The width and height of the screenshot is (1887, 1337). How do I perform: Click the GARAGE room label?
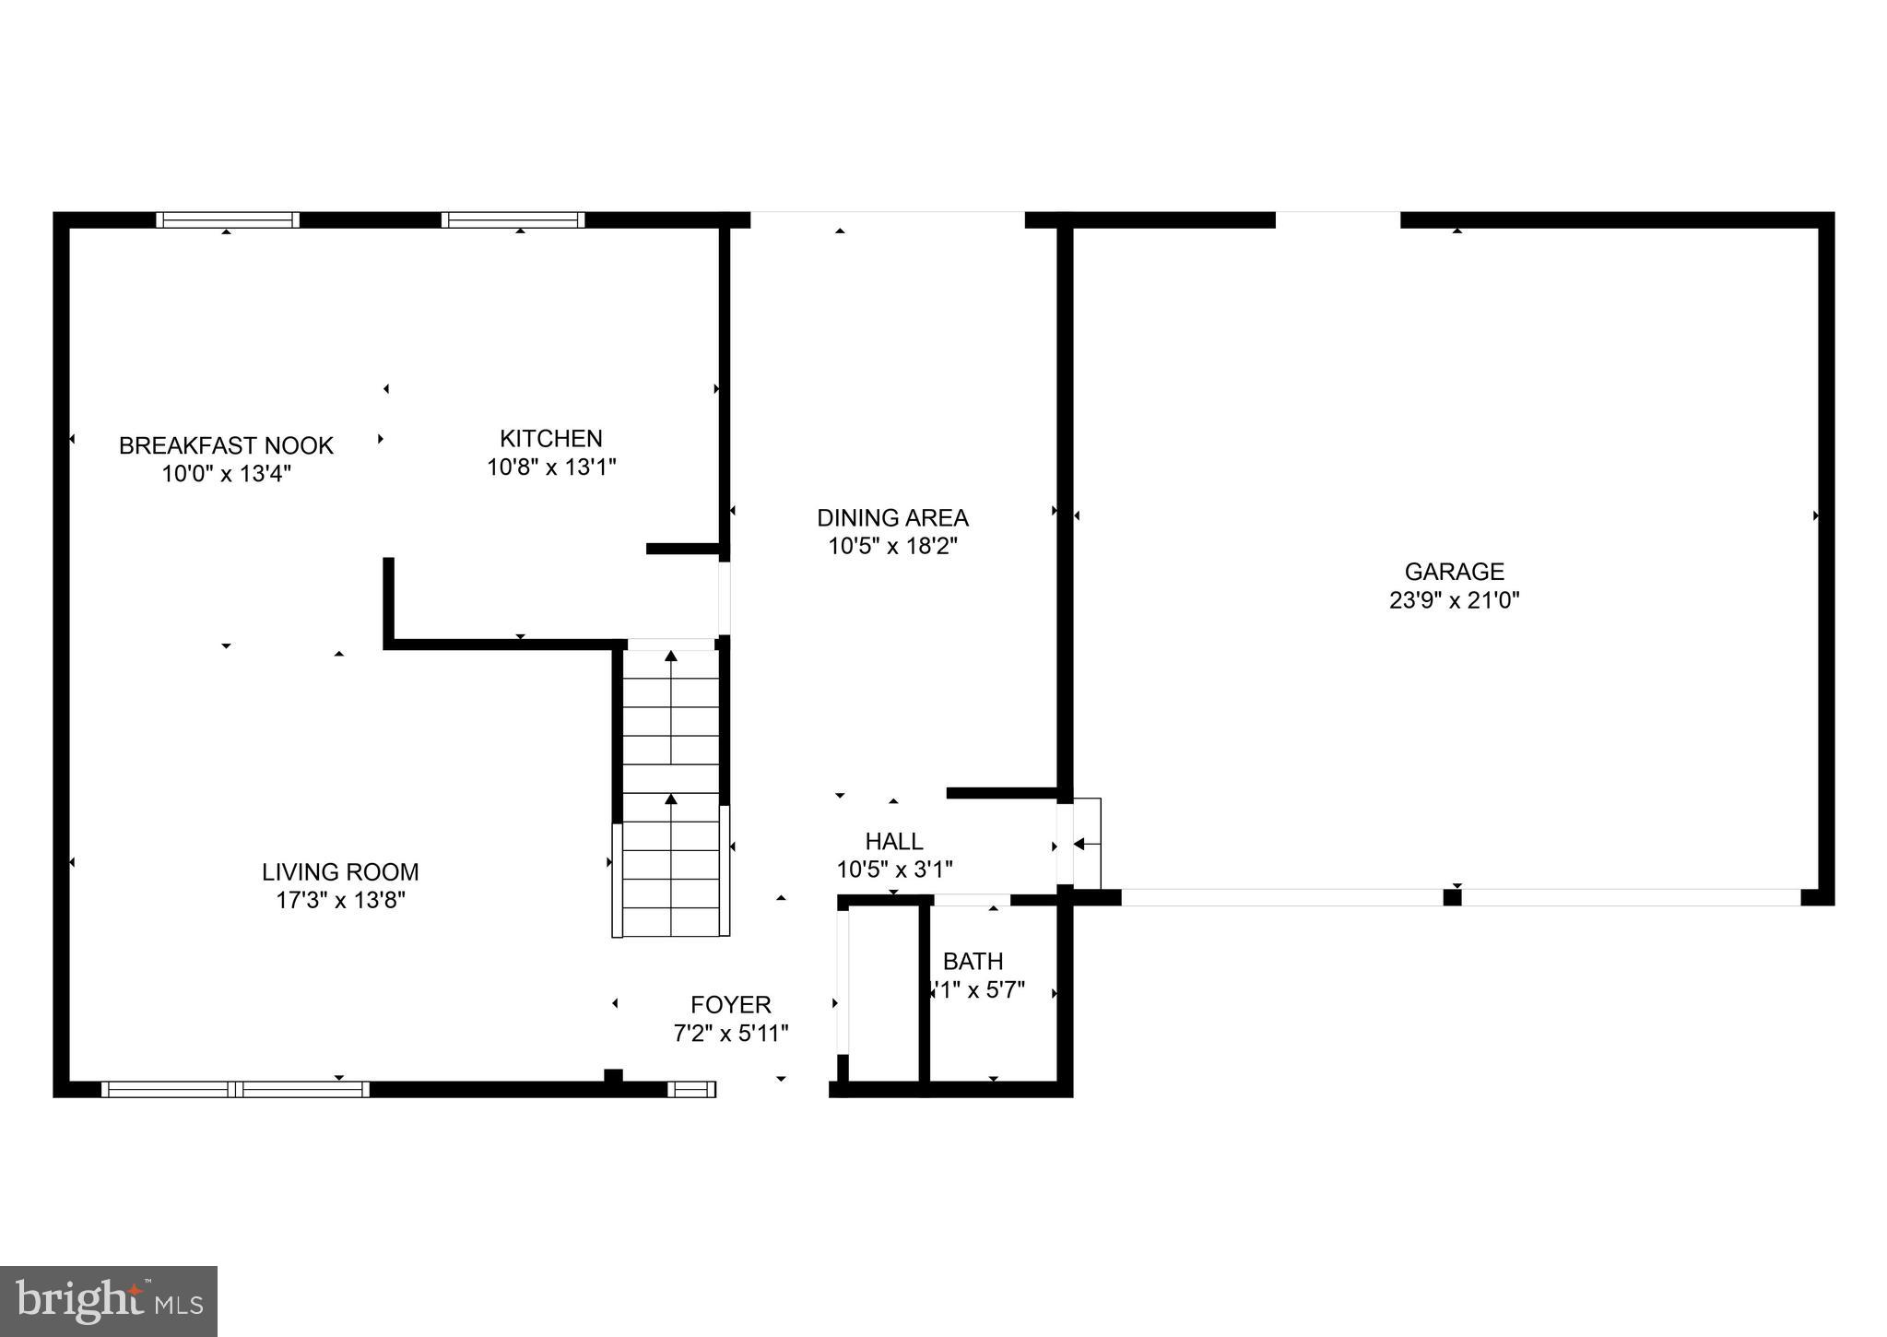tap(1454, 572)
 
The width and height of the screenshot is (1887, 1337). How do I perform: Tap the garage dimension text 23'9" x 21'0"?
tap(1454, 600)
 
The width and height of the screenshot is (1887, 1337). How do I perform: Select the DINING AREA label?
tap(892, 517)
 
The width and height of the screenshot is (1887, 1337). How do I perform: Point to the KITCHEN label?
tap(550, 438)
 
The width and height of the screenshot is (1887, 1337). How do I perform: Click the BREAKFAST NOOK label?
tap(226, 445)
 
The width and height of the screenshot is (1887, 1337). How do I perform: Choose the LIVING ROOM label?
tap(340, 871)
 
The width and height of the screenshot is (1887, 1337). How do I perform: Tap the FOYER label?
tap(730, 1004)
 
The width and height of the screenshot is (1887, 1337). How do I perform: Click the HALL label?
tap(893, 841)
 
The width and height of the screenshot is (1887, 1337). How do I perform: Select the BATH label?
tap(973, 962)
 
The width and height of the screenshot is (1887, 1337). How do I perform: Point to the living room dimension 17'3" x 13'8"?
tap(340, 900)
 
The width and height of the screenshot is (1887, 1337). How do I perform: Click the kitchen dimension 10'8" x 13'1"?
tap(550, 467)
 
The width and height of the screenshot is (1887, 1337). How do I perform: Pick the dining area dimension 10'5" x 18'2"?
tap(892, 546)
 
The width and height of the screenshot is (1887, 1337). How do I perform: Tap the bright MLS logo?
tap(109, 1301)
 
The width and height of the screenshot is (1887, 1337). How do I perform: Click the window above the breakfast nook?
tap(228, 219)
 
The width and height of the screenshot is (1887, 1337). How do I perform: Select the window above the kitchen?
tap(513, 219)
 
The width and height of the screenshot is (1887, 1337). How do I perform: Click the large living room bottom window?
tap(235, 1089)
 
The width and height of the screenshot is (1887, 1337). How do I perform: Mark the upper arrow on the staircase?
tap(671, 657)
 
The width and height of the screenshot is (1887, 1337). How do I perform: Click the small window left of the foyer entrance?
tap(691, 1089)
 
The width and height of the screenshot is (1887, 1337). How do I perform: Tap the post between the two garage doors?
tap(1452, 897)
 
